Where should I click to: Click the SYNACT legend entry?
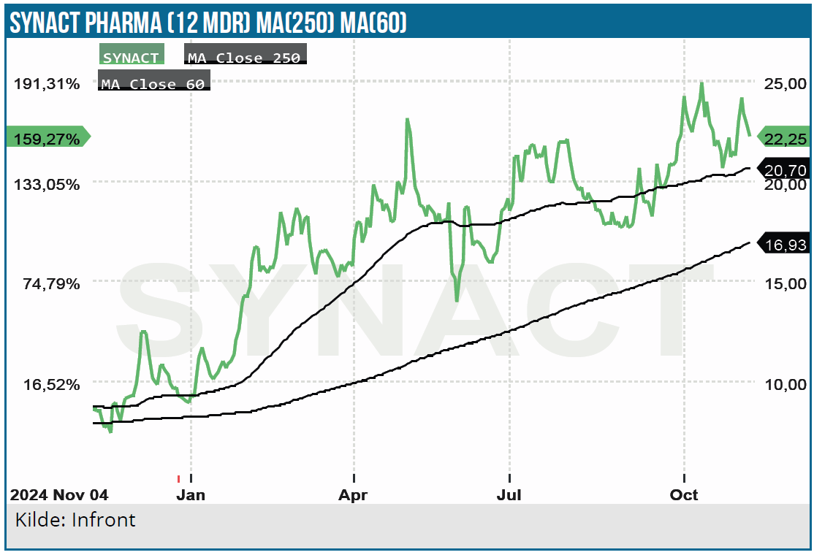coord(132,57)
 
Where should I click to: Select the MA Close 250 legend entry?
coord(244,57)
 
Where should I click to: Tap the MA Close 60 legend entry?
coord(153,83)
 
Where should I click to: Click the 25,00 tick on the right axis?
coord(785,83)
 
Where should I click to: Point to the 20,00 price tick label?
coord(785,184)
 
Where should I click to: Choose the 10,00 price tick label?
coord(785,384)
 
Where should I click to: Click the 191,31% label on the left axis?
coord(47,83)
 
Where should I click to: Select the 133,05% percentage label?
coord(47,184)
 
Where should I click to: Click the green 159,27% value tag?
coord(47,137)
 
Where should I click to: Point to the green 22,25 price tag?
coord(786,137)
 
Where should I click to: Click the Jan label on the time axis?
coord(191,494)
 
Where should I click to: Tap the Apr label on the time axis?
coord(354,494)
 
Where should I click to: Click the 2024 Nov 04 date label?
coord(59,494)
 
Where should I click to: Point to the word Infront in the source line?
coord(104,520)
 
